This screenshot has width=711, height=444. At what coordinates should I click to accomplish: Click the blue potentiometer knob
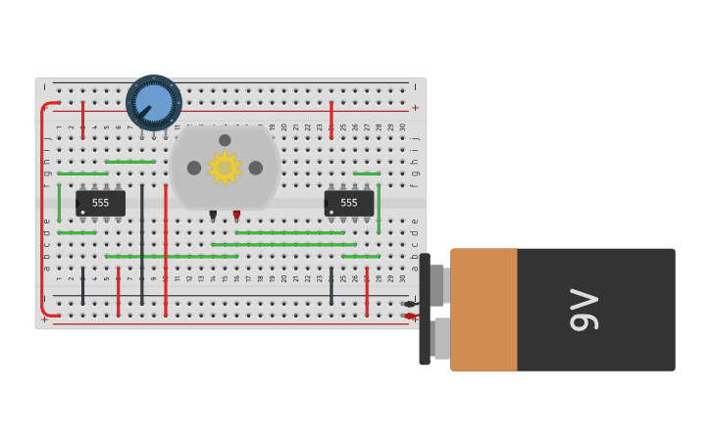(154, 102)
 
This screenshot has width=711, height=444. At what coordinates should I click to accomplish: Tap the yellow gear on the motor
(225, 168)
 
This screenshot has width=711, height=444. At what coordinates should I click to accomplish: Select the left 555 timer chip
(101, 203)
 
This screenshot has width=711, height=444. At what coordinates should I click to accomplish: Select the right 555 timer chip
(349, 203)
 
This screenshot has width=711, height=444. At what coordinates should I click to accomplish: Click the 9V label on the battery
(584, 310)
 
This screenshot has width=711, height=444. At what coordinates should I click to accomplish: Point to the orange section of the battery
(483, 310)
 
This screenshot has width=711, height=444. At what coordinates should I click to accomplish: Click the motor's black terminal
(213, 214)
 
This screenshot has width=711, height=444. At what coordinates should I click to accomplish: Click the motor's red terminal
(236, 214)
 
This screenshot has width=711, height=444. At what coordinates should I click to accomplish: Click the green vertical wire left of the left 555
(59, 202)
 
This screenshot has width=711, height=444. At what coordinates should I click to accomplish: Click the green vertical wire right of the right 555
(379, 208)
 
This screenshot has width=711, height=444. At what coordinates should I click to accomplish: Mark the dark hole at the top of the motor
(225, 140)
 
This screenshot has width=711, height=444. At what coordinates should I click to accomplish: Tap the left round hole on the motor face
(194, 168)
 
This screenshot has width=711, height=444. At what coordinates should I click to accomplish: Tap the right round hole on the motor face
(256, 168)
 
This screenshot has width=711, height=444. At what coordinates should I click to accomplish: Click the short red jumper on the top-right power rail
(331, 120)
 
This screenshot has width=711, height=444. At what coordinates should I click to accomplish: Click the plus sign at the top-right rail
(415, 108)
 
